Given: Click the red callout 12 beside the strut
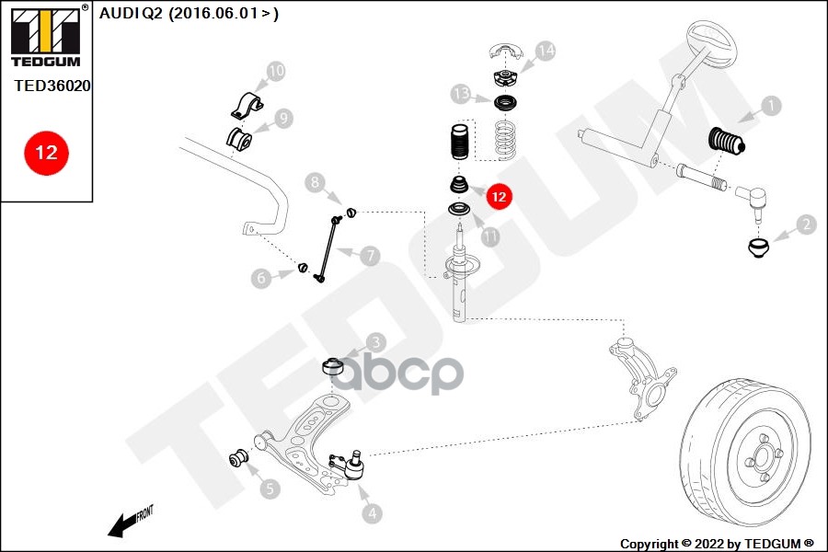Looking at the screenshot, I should coord(499,196).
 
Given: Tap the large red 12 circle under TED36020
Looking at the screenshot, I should coord(45,152).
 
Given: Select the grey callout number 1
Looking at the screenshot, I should coord(771,106).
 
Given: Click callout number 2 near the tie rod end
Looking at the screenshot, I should coord(806,224).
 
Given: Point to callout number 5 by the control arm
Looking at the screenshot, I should coord(270,489).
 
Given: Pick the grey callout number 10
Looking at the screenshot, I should coord(276,70).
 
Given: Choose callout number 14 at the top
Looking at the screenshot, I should coord(546,51).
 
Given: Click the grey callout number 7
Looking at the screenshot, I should coord(370,256).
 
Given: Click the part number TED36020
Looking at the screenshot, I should coord(52,85).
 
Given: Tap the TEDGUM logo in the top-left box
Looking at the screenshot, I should coord(44,37).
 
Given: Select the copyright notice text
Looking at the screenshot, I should coord(717,543).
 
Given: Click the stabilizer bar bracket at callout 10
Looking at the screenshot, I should coord(247,105).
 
